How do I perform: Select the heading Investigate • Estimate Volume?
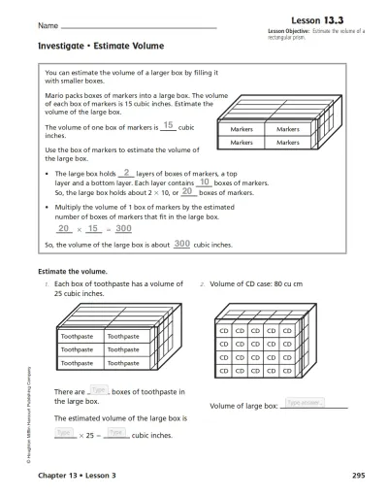coord(101,46)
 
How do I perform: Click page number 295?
coord(358,477)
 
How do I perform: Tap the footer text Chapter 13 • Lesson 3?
coord(78,477)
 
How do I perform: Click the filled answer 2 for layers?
coord(127,172)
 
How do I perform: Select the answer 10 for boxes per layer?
coord(178,182)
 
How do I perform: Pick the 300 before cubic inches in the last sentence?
coord(180,244)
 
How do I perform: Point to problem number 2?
coord(202,283)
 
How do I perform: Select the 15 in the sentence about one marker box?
coord(168,125)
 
